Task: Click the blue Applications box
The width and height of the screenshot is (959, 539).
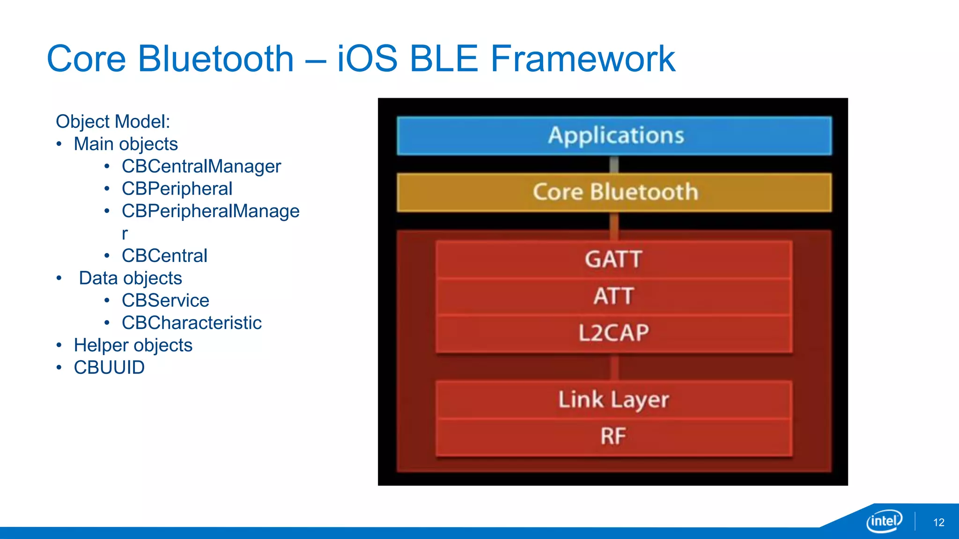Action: click(614, 136)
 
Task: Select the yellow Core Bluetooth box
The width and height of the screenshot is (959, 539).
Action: click(614, 192)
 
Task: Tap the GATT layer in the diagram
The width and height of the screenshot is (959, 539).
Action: click(613, 259)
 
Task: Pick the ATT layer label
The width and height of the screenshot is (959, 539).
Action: click(613, 296)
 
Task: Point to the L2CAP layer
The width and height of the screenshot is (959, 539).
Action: click(613, 333)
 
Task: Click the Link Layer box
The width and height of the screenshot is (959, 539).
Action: click(613, 400)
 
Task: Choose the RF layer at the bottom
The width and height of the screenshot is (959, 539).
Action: click(613, 436)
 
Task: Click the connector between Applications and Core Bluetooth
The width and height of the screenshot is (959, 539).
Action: click(614, 164)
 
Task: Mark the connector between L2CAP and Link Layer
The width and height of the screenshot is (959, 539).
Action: click(614, 367)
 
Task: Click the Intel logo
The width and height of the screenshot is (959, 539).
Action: click(884, 521)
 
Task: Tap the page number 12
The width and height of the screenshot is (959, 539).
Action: click(938, 523)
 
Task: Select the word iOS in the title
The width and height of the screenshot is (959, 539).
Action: click(367, 59)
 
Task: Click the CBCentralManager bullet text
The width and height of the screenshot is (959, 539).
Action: click(201, 167)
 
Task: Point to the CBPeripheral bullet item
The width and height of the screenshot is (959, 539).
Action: click(177, 189)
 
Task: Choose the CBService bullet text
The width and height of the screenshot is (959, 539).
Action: click(165, 300)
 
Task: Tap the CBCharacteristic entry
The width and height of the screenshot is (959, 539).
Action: click(192, 323)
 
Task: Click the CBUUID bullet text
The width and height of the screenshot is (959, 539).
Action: click(109, 368)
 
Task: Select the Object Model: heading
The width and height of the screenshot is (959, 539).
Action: click(113, 122)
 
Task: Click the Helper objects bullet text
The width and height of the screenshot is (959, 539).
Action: click(133, 345)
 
